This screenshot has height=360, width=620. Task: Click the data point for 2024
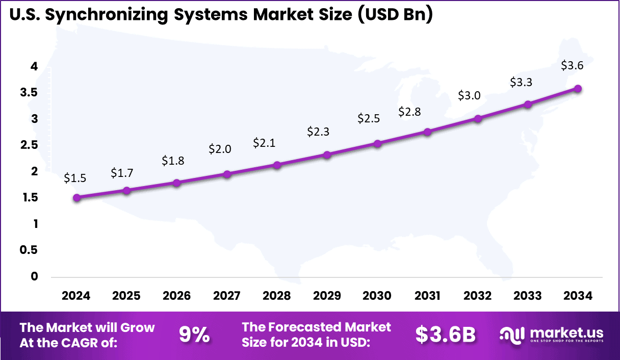pyautogui.click(x=76, y=198)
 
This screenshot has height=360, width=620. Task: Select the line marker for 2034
pyautogui.click(x=578, y=89)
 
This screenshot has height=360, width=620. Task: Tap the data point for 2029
pyautogui.click(x=327, y=155)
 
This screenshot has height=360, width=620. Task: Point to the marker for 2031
pyautogui.click(x=427, y=132)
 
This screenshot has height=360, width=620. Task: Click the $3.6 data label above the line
pyautogui.click(x=572, y=66)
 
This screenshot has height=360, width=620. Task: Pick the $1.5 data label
pyautogui.click(x=75, y=178)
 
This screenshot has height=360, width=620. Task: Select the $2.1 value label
pyautogui.click(x=264, y=143)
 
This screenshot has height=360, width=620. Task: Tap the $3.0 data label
pyautogui.click(x=469, y=96)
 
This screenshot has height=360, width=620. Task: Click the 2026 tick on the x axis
pyautogui.click(x=176, y=296)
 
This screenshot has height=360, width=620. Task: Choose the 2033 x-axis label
pyautogui.click(x=528, y=296)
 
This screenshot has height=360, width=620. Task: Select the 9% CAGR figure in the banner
pyautogui.click(x=195, y=335)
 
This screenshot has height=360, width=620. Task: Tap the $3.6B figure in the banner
pyautogui.click(x=445, y=335)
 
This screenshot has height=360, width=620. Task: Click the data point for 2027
pyautogui.click(x=227, y=174)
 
